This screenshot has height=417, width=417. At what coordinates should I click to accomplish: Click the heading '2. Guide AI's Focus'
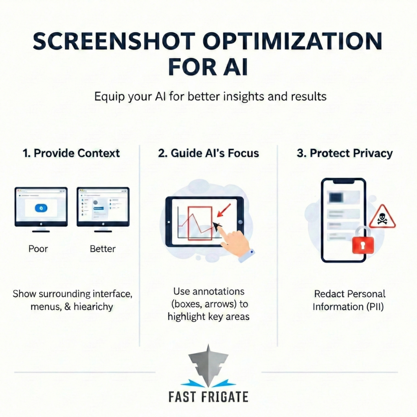point(209,153)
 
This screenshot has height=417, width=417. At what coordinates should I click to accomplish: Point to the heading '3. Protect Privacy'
point(345,153)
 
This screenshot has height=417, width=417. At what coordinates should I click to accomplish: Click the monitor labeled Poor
point(41,207)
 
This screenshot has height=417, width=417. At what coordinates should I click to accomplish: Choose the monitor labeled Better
point(103,207)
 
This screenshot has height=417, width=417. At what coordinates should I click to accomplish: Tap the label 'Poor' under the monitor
point(38,248)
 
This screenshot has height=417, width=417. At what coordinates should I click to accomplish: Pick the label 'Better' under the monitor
point(103,248)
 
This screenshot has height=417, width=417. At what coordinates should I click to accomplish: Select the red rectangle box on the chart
point(200,224)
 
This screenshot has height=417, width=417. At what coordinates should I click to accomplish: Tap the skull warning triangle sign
point(382,217)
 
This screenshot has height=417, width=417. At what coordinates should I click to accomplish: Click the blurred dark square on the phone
point(336,198)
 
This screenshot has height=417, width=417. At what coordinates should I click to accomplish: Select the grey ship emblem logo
point(208,365)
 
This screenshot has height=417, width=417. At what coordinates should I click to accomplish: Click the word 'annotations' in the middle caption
point(208,292)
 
